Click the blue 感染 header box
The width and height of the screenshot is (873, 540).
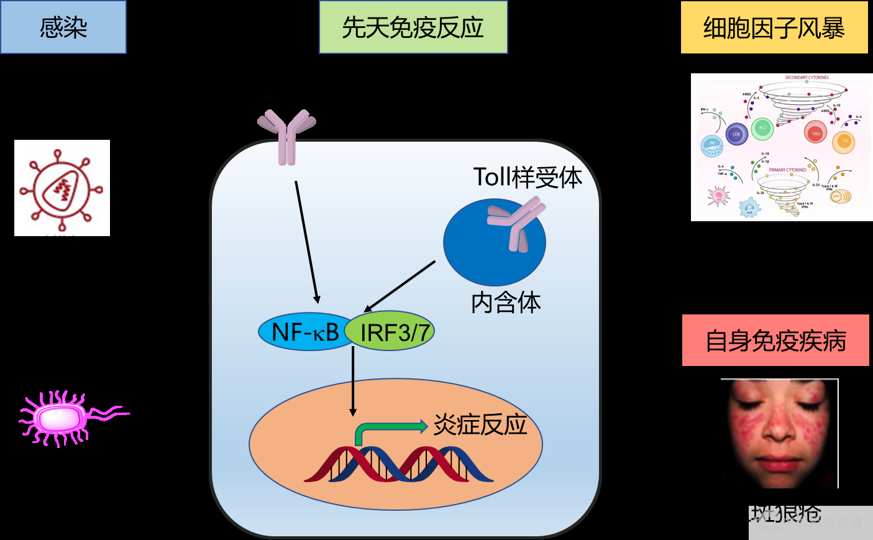coord(63,27)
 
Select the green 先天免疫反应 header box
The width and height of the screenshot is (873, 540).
coord(413,27)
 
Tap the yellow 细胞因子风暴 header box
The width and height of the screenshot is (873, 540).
coord(774,27)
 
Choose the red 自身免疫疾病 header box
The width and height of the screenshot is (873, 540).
coord(775,341)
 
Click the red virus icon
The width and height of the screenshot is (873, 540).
coord(62,188)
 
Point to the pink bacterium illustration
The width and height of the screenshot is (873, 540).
coord(62,418)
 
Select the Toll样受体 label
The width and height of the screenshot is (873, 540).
coord(528,177)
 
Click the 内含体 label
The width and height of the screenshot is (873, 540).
coord(506,303)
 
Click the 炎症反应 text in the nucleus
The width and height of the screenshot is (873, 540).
coord(480,424)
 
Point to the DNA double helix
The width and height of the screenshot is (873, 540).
coord(398,465)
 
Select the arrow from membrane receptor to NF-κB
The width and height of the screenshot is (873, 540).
coord(306,242)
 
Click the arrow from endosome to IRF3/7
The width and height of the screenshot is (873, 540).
coord(400,286)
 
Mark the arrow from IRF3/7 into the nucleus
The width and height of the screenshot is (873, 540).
coord(353,380)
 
